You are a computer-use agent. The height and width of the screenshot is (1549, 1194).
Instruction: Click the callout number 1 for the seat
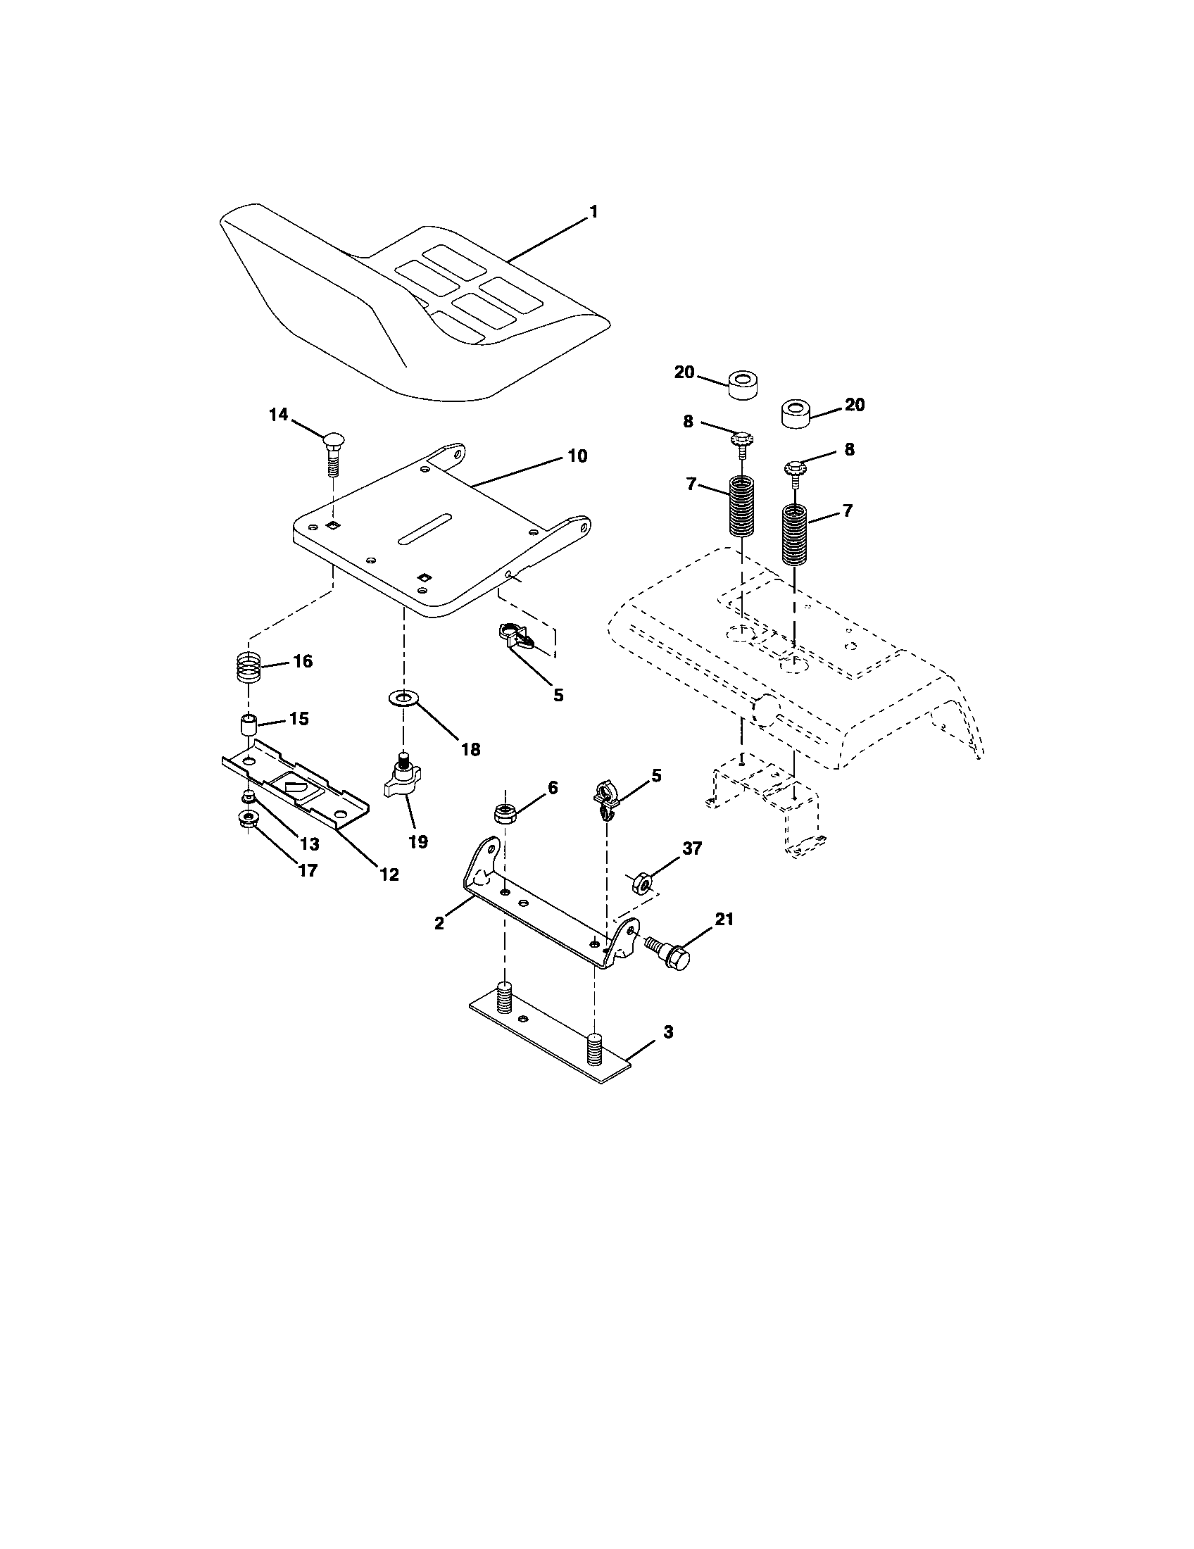click(x=593, y=211)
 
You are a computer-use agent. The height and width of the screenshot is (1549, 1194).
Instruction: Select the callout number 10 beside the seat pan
click(x=577, y=456)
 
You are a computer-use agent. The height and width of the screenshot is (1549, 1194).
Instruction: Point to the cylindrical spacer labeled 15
click(x=247, y=727)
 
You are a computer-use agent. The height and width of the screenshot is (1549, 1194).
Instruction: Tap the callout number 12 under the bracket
click(x=389, y=874)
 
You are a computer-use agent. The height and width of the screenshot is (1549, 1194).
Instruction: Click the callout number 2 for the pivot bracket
click(x=439, y=923)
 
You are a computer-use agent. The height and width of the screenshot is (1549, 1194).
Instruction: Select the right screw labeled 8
click(x=796, y=471)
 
